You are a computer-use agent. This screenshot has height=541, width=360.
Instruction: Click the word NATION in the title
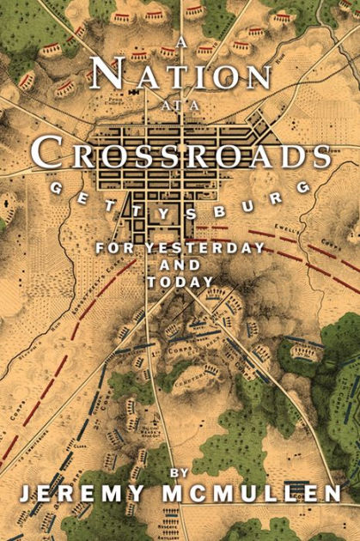point(180,75)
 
